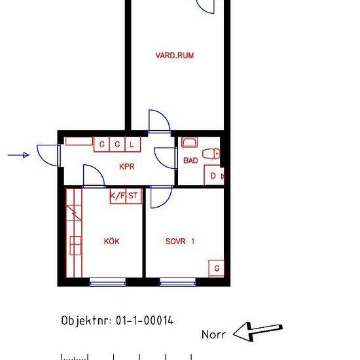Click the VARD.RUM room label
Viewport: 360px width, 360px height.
pos(174,56)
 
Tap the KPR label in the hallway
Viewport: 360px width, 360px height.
pos(127,166)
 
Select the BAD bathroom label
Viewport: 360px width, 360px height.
pos(190,160)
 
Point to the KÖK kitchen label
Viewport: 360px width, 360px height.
pos(112,241)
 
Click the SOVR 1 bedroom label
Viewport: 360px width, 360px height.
pos(180,241)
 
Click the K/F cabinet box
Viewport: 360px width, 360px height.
pos(118,195)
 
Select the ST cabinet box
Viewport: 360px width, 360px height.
pos(134,195)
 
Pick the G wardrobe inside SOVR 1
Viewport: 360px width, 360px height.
pos(217,268)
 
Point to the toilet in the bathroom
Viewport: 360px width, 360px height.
pos(211,154)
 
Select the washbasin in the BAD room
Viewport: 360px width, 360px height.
pos(189,142)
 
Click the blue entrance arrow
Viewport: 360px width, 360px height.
pos(19,155)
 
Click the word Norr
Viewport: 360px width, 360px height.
pos(213,334)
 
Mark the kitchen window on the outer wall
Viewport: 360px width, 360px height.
pos(107,283)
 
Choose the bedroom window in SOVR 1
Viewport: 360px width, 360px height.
pos(178,283)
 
